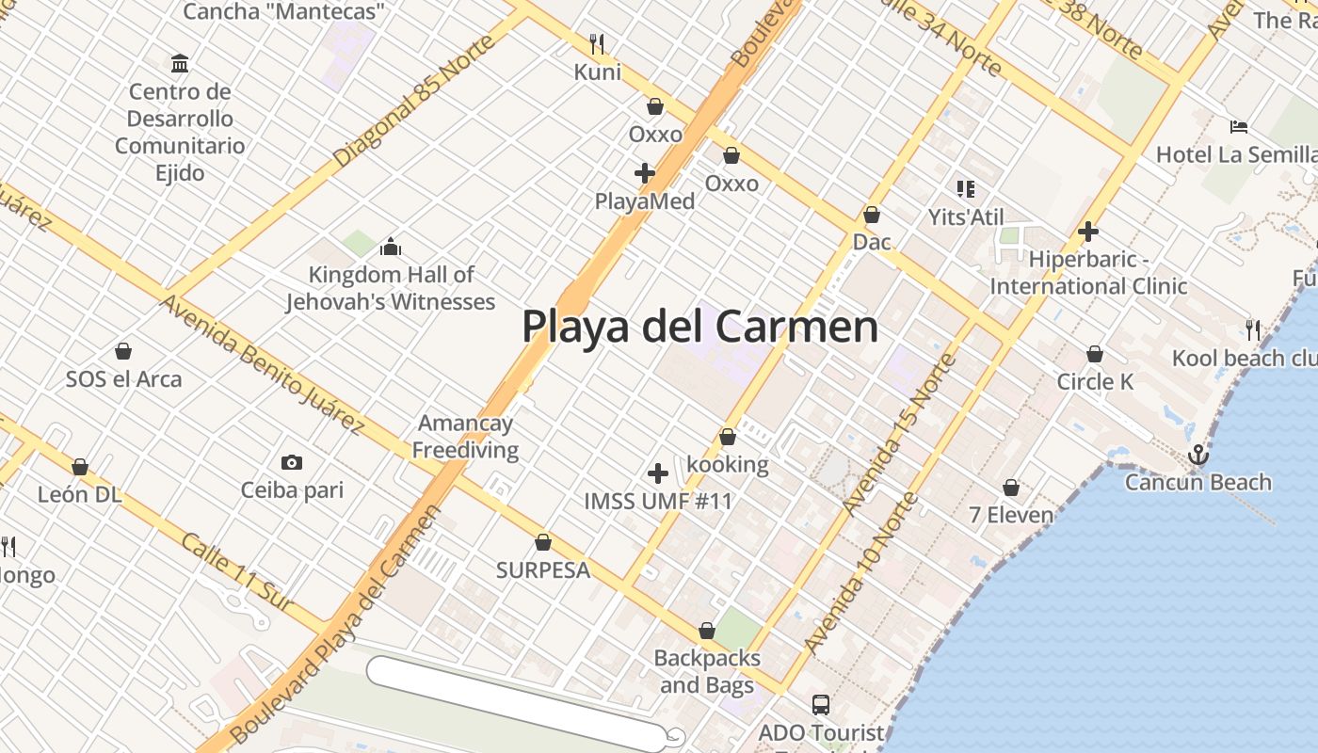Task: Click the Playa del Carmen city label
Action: [x=699, y=327]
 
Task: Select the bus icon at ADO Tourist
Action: [x=820, y=704]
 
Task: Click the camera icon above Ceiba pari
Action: [x=292, y=462]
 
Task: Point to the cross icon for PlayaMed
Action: [x=645, y=173]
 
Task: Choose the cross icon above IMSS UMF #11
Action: [x=658, y=473]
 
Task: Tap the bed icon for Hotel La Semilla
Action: [x=1239, y=127]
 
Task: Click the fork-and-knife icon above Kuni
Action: [x=597, y=43]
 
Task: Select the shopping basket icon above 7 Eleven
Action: [x=1011, y=488]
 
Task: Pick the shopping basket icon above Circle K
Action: [x=1095, y=354]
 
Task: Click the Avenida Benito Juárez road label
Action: [x=262, y=363]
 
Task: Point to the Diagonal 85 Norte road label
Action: [x=413, y=102]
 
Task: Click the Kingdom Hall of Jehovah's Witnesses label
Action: [x=391, y=288]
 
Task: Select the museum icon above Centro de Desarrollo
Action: [x=180, y=64]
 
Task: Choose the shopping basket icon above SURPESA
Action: [x=543, y=542]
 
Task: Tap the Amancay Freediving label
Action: [x=465, y=437]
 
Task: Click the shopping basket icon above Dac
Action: [x=872, y=215]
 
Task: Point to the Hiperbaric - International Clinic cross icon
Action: [x=1088, y=232]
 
